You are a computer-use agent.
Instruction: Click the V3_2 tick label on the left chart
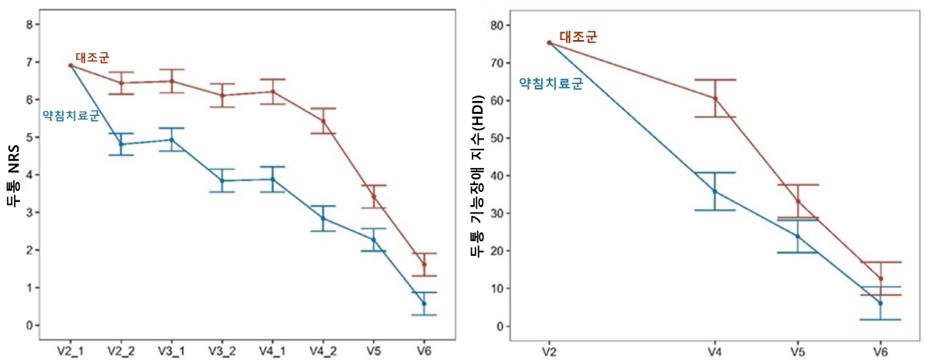(x=222, y=351)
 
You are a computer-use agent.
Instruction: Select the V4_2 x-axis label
(x=323, y=351)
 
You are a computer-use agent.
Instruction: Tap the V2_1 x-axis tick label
(x=70, y=351)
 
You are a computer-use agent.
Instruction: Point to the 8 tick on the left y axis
(x=29, y=25)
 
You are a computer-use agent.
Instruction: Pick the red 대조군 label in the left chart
(x=92, y=56)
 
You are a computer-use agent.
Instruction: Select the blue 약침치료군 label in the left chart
(x=71, y=116)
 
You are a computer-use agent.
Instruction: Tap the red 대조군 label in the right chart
(x=578, y=36)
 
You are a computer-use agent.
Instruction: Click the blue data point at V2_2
(x=121, y=144)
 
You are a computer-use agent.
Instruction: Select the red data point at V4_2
(x=323, y=121)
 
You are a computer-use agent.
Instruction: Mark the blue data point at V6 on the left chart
(x=424, y=304)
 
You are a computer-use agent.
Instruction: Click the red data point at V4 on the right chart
(x=715, y=99)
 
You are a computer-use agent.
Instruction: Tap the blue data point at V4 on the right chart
(x=715, y=191)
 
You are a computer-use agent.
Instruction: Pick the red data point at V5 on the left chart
(x=373, y=197)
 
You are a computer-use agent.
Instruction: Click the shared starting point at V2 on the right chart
(x=549, y=42)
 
